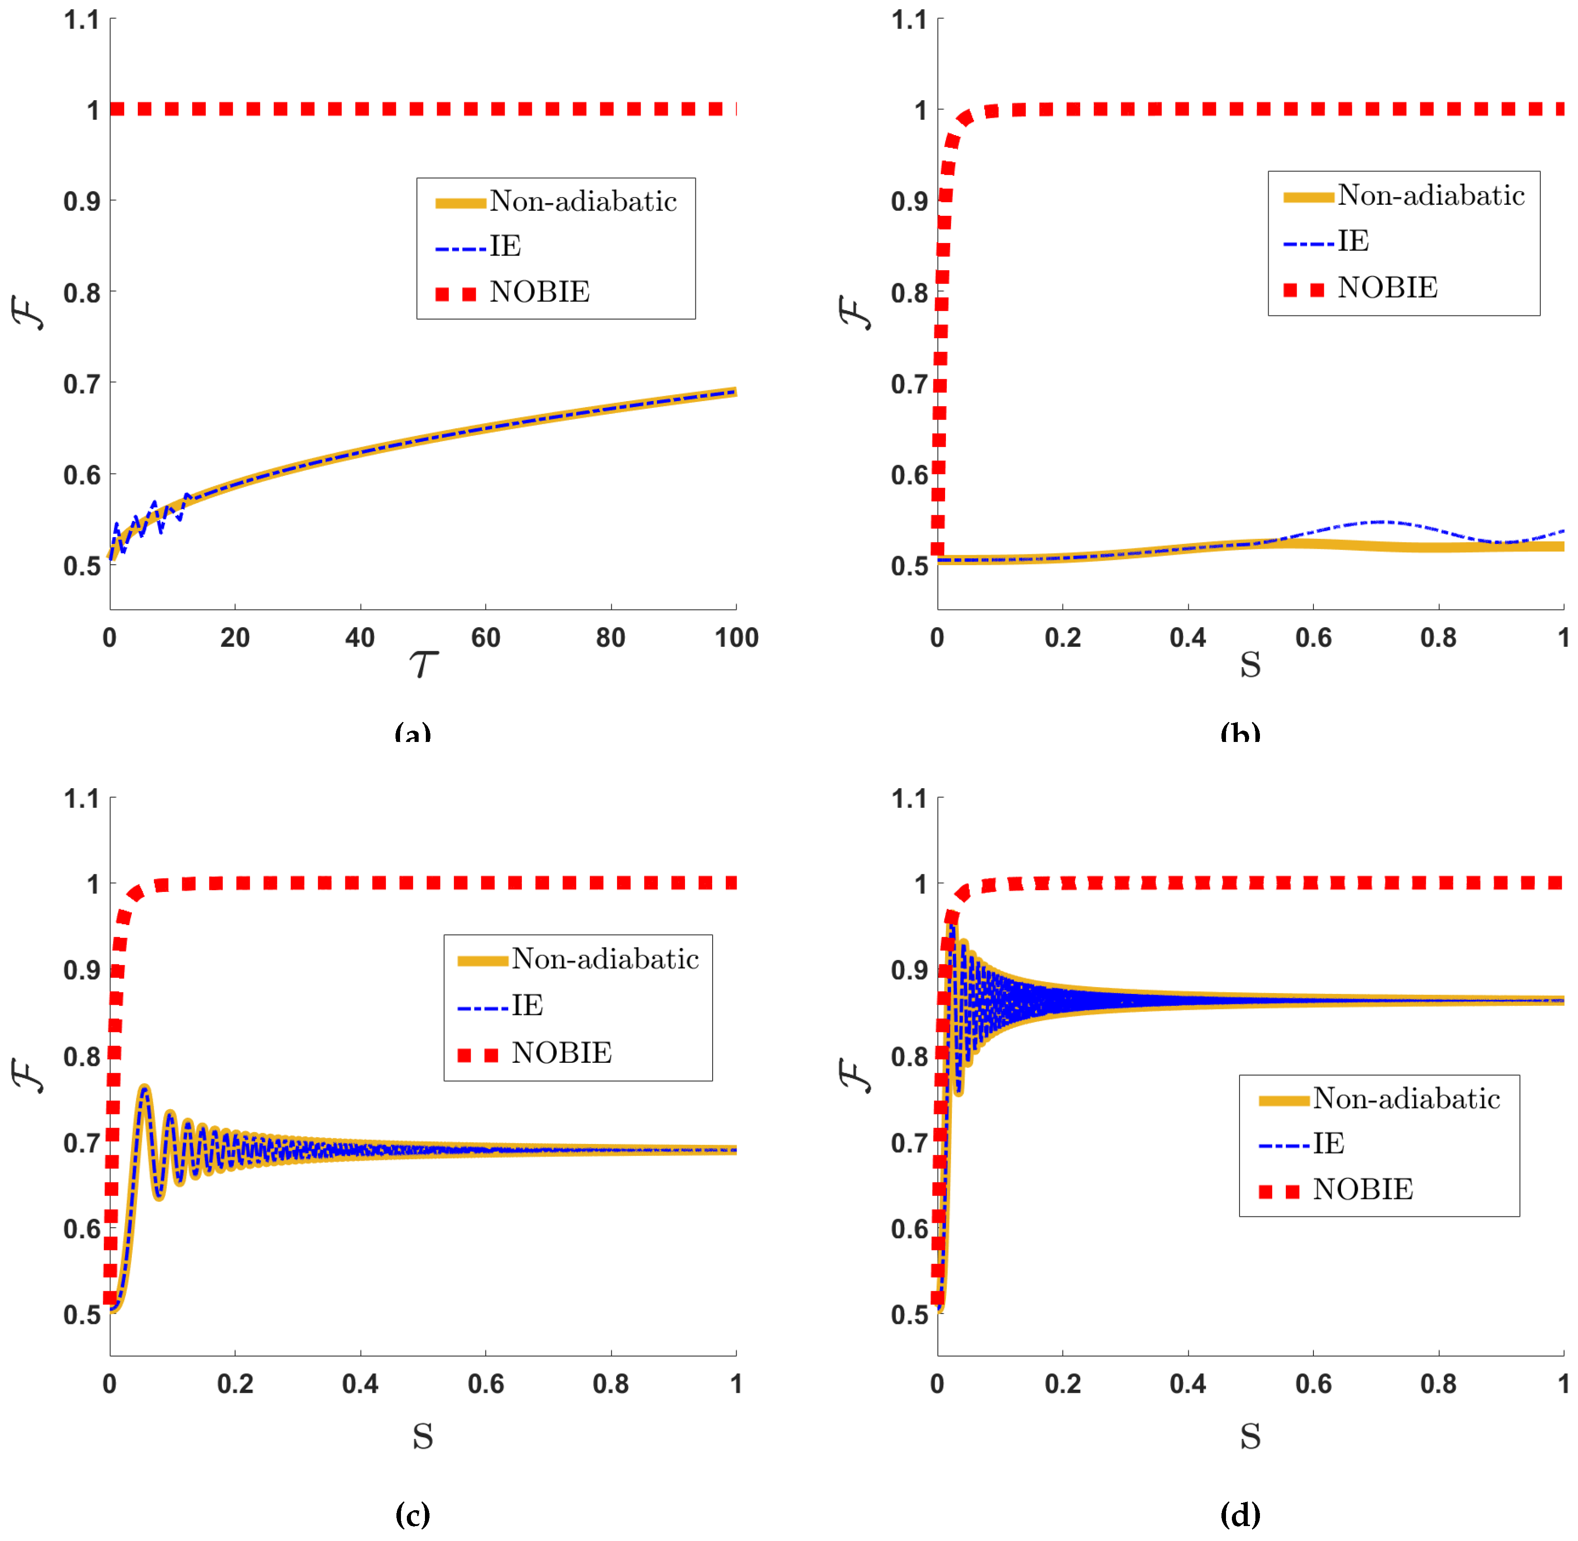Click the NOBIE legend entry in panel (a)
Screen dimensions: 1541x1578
coord(539,292)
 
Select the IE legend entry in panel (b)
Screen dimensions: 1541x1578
coord(1353,241)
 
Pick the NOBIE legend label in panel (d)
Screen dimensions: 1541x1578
coord(1363,1190)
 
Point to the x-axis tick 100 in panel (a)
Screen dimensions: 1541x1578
coord(736,638)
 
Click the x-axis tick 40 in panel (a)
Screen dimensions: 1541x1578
coord(360,638)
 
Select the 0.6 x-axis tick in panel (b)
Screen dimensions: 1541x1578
coord(1313,638)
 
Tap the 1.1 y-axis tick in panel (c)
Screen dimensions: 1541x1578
coord(81,800)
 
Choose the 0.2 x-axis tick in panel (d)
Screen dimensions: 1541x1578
coord(1062,1384)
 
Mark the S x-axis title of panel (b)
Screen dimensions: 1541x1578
coord(1250,665)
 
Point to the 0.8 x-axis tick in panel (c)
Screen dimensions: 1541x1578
coord(611,1384)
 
